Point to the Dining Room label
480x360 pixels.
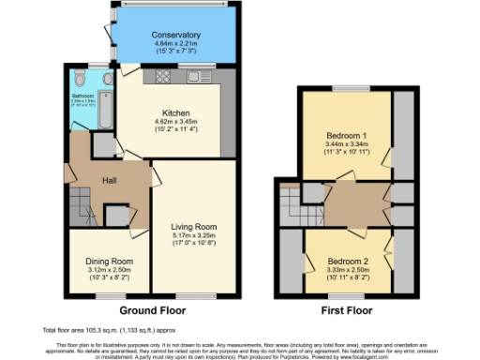pyautogui.click(x=110, y=262)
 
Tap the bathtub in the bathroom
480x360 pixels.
pyautogui.click(x=77, y=112)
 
